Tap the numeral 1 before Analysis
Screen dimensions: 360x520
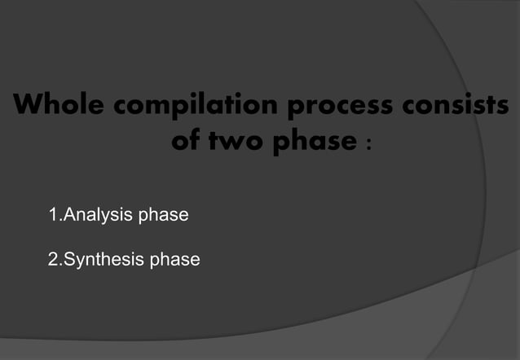[53, 216]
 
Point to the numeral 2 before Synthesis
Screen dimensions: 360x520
[54, 260]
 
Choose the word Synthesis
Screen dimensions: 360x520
[102, 261]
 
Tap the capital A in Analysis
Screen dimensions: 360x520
[69, 216]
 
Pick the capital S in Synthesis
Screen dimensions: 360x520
[70, 260]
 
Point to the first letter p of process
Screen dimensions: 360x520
[290, 109]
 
